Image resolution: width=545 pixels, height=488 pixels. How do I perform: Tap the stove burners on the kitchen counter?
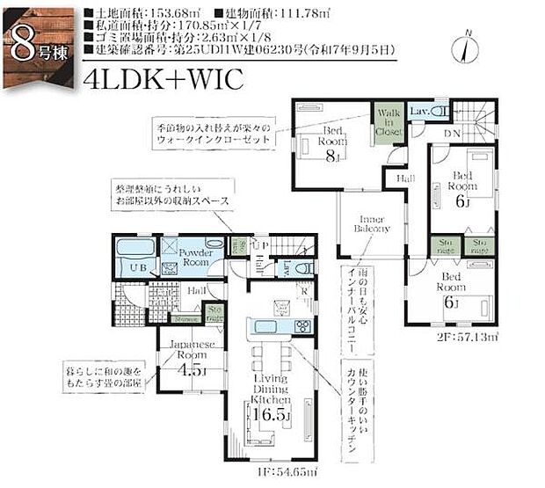302,326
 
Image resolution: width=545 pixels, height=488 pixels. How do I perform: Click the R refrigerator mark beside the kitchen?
303,292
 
